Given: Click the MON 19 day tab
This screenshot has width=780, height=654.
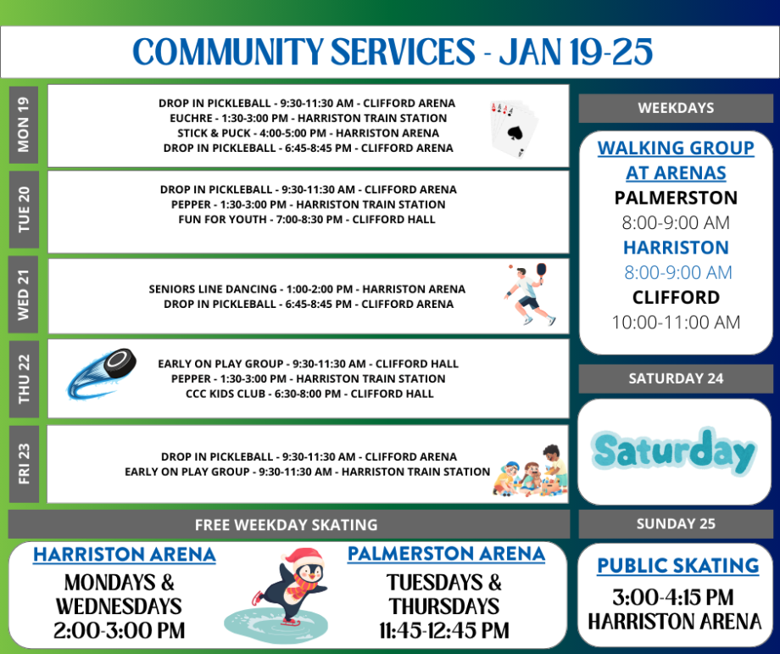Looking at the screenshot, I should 23,126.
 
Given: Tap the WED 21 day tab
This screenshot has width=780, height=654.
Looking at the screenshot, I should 23,295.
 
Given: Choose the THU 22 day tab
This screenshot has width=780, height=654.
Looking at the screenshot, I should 23,378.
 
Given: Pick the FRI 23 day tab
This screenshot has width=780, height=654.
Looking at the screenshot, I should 23,464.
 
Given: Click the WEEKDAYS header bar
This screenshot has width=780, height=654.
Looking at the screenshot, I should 676,108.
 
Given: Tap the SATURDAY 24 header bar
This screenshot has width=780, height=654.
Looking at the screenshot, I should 676,378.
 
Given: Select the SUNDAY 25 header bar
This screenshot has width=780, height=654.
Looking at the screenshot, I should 676,523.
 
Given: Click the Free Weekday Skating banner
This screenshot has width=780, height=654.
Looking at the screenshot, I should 287,524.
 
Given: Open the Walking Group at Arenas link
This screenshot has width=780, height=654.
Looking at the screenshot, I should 676,160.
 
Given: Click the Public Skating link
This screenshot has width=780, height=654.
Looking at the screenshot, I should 677,566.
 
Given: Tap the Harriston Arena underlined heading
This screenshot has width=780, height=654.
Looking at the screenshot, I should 124,555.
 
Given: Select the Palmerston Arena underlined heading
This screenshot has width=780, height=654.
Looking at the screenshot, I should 446,554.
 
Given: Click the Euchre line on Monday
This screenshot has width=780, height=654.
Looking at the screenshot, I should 308,118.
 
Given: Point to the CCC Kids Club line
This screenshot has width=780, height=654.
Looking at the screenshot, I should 309,394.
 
